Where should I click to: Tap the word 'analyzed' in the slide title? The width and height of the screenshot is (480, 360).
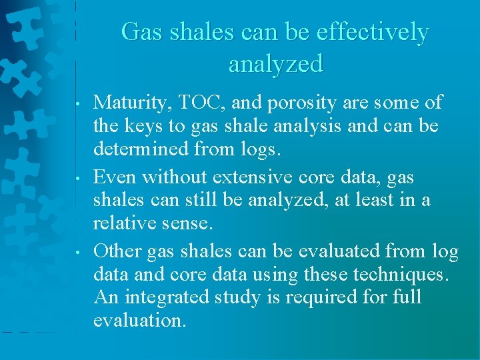[275, 64]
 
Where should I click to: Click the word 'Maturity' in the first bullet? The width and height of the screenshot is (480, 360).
[129, 102]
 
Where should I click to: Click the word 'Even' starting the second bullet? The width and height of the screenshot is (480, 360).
[115, 177]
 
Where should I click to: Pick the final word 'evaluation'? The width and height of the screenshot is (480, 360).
[139, 321]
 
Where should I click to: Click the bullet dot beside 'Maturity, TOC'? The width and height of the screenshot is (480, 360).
[79, 104]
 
